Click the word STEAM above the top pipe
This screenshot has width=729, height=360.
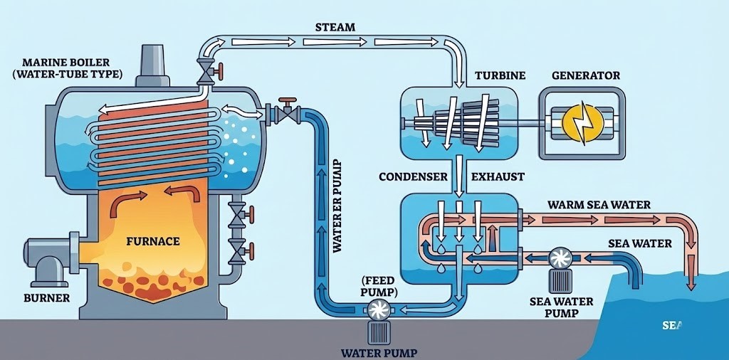click(335, 28)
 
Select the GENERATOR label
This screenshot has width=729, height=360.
click(586, 75)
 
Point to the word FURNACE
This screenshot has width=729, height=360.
click(152, 241)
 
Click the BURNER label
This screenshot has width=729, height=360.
click(47, 297)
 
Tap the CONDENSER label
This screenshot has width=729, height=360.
click(413, 176)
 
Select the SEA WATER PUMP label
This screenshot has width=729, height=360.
click(562, 307)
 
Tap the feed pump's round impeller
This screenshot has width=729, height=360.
click(376, 309)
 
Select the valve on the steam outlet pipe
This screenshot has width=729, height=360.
click(208, 71)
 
